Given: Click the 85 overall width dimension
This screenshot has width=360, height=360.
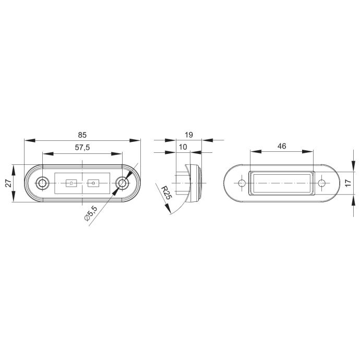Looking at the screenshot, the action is [82, 135].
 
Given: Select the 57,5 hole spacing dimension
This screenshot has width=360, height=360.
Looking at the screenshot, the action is [82, 148].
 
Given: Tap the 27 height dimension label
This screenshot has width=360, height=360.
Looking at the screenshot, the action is [8, 183].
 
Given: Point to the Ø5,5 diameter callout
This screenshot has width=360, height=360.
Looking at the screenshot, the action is [91, 213].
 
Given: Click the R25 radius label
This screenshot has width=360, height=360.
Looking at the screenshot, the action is [166, 193].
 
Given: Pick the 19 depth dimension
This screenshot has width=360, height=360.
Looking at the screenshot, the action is [189, 135].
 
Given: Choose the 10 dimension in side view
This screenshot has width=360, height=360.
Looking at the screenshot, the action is [183, 147].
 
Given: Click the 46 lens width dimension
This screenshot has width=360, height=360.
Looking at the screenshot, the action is [282, 146].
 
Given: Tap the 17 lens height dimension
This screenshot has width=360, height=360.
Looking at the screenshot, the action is [348, 183].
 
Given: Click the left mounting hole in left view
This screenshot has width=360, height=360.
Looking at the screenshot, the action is [42, 183].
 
